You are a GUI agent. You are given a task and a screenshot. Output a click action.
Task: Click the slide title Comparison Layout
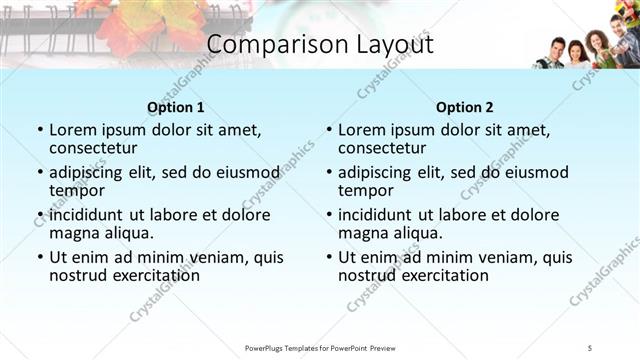point(319,45)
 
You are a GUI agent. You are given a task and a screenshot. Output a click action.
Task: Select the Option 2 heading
point(464,107)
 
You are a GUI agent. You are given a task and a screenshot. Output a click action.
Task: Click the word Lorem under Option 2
point(361,130)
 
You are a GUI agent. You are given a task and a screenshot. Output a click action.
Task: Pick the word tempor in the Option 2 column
point(365,191)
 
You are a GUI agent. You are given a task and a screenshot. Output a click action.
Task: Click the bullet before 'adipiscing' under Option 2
point(328,173)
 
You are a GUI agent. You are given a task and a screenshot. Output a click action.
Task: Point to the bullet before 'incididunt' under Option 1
point(39,215)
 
